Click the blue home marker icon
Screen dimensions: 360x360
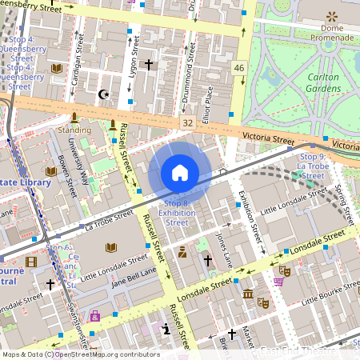pos(180,173)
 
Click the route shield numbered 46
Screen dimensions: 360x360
pos(239,69)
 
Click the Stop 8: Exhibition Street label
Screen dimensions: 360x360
pos(176,213)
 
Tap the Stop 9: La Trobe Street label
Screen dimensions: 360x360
pos(312,166)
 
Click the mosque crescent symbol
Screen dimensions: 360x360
pos(102,94)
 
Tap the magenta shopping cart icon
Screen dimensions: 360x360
pos(278,281)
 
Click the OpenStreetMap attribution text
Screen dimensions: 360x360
pos(80,354)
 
